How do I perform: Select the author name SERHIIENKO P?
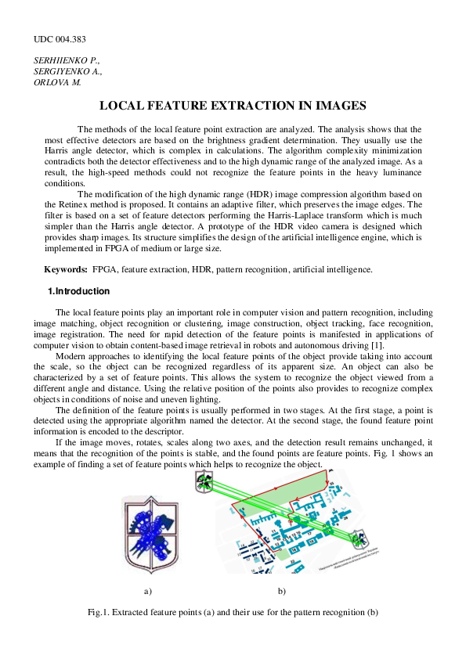(x=67, y=59)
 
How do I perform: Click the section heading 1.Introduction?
(x=79, y=292)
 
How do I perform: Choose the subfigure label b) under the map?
(x=281, y=589)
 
